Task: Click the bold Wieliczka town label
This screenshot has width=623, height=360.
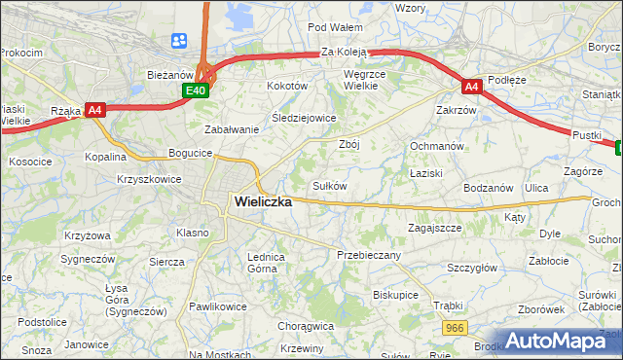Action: [x=263, y=201]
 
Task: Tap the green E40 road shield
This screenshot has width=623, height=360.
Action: [x=196, y=90]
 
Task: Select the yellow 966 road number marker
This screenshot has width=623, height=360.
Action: [x=453, y=330]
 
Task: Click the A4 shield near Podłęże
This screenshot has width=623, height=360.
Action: [x=471, y=87]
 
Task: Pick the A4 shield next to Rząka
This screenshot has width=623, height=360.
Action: [x=94, y=111]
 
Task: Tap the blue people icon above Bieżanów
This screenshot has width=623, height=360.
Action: [x=179, y=41]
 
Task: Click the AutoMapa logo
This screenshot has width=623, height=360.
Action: [x=559, y=341]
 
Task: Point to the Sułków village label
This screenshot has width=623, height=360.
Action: [x=329, y=185]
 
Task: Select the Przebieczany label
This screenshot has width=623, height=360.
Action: [x=369, y=254]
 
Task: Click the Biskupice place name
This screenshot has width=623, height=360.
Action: [x=395, y=294]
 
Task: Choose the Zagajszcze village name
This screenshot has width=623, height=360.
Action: [x=434, y=228]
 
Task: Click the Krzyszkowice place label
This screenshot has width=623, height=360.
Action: [x=149, y=180]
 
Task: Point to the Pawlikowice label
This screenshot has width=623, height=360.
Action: [x=218, y=306]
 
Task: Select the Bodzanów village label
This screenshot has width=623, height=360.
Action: [x=488, y=187]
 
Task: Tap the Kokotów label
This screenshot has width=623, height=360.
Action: [x=287, y=86]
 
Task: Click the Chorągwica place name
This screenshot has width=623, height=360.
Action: [x=306, y=326]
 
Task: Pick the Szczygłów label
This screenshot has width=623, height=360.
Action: [x=472, y=268]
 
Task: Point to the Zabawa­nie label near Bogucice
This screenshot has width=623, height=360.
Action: [x=231, y=129]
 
